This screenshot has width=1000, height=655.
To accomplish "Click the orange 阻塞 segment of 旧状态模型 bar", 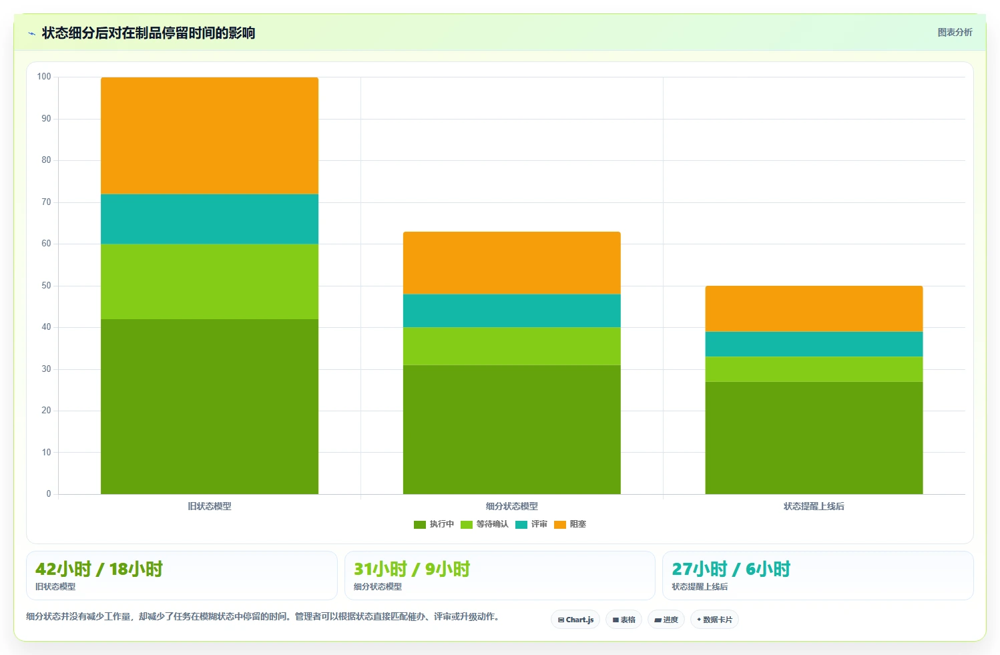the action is (x=210, y=136).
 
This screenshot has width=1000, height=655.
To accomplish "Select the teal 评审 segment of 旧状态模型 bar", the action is (x=210, y=219).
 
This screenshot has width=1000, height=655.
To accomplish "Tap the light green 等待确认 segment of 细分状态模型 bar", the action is (x=511, y=347).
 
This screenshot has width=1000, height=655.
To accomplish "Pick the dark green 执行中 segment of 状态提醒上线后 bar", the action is (x=814, y=438).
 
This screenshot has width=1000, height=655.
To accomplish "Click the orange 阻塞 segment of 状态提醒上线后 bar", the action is (x=814, y=309).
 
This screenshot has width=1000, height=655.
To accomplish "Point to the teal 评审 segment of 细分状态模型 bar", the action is (x=511, y=310).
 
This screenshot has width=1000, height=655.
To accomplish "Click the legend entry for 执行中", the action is (x=433, y=524).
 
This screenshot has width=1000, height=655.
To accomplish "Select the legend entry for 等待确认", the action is (x=485, y=524).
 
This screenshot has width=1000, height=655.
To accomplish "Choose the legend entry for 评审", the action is (x=531, y=524).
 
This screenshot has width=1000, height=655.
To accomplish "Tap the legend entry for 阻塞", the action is (x=570, y=524).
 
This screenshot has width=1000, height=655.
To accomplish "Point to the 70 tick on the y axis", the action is (x=47, y=202).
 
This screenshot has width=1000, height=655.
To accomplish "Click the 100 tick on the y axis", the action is (x=44, y=76).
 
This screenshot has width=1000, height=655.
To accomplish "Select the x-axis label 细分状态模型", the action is (x=511, y=506).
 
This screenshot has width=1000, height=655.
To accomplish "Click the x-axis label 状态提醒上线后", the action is (x=814, y=506).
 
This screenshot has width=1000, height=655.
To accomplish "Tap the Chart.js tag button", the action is (x=575, y=620).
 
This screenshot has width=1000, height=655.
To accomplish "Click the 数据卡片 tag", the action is (x=714, y=620).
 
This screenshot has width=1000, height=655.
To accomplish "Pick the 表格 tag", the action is (x=623, y=620).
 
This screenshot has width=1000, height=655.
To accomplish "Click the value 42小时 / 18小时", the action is (x=99, y=570).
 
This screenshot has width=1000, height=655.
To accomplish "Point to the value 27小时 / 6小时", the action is (x=731, y=570).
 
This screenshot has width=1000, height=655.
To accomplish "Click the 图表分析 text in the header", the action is (x=955, y=32).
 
